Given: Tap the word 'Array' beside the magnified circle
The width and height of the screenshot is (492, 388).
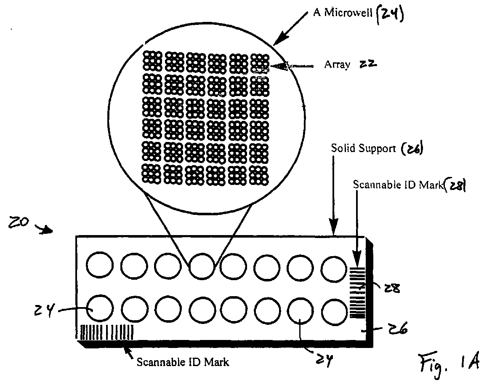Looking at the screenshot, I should pos(337,65).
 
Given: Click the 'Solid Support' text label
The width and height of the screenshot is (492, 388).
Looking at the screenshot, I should pos(361,148).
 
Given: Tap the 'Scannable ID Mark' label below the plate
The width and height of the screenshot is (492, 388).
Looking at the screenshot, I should pos(183,361).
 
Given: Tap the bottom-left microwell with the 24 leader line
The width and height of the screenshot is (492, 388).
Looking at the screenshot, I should pos(100,308).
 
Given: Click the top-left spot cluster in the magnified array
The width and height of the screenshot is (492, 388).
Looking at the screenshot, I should pos(152,62).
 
